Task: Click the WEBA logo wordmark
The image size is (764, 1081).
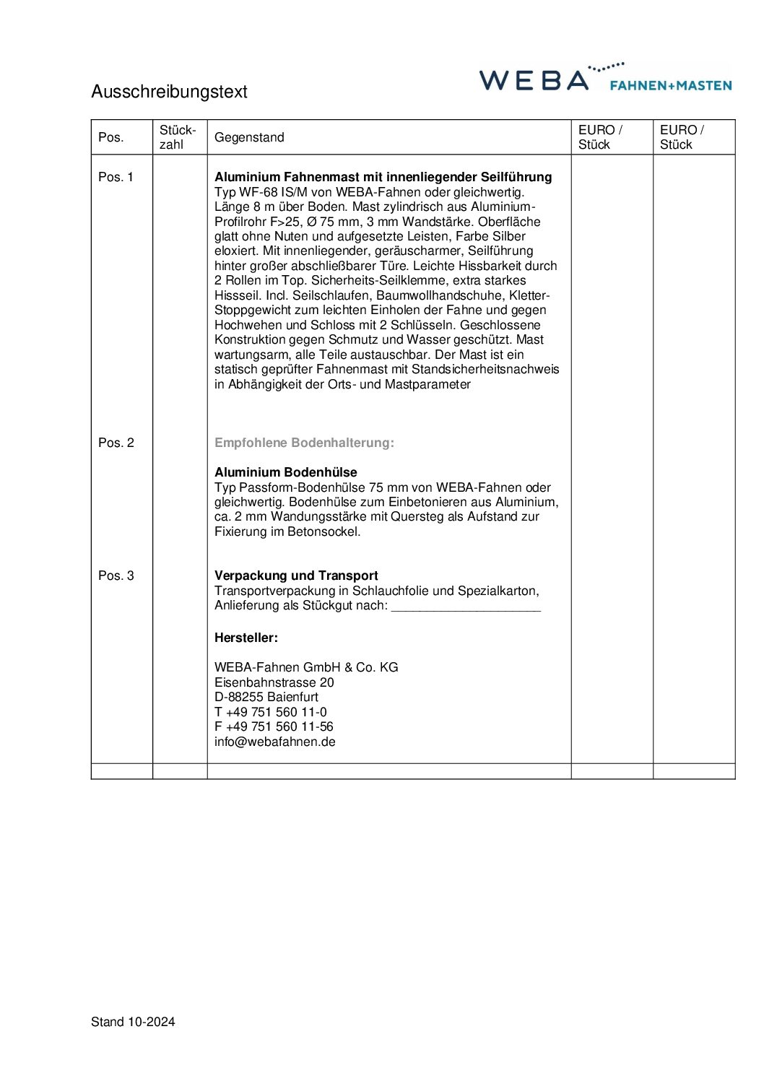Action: (534, 80)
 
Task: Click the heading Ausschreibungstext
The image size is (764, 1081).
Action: (169, 92)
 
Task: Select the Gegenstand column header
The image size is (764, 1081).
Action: (249, 137)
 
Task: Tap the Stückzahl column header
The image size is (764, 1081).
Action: (178, 137)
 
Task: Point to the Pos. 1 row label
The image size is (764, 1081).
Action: (116, 177)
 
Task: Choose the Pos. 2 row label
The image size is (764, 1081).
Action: (116, 443)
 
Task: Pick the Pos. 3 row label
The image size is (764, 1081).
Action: (116, 576)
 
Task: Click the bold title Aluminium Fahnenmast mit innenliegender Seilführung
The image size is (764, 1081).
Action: (383, 177)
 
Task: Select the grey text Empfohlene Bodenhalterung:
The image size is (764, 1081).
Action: (304, 443)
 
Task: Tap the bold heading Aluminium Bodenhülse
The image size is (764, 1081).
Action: (286, 472)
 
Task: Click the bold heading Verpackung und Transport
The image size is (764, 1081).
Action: (296, 576)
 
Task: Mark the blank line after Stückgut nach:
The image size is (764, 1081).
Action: (466, 607)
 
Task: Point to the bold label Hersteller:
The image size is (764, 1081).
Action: (246, 638)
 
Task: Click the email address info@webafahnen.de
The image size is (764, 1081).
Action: (274, 742)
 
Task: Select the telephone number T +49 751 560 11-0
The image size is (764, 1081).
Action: (270, 712)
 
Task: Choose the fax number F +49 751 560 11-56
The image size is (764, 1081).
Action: (274, 726)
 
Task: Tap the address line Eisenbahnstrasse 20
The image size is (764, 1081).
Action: (274, 682)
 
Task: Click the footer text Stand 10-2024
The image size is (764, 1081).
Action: (133, 1022)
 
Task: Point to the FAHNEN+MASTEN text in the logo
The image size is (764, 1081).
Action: (671, 85)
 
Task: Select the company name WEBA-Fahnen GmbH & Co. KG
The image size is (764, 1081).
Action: (306, 667)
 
